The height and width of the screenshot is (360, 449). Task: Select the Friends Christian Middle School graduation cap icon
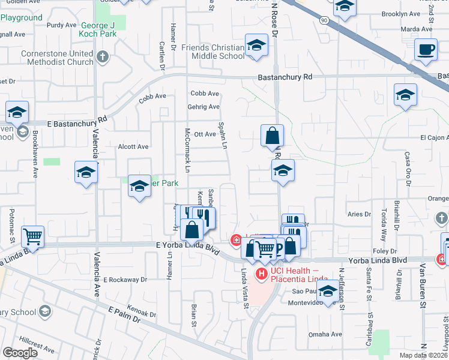click(x=256, y=46)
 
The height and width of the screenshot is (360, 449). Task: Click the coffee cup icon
click(x=426, y=49)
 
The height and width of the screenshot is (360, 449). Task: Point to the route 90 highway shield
click(x=325, y=20)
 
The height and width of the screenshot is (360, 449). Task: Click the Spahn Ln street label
click(x=223, y=137)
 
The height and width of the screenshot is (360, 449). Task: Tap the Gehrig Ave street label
click(x=205, y=107)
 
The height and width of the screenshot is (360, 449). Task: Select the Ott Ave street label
click(x=205, y=134)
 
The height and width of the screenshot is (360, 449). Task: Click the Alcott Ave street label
click(x=133, y=146)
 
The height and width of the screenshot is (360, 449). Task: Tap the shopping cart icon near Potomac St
click(x=32, y=236)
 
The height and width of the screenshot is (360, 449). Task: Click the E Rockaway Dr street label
click(x=125, y=280)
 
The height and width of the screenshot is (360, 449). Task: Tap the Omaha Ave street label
click(x=326, y=334)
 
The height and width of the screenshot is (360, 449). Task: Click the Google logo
click(x=19, y=353)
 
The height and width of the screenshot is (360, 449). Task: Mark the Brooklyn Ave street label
click(x=401, y=13)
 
